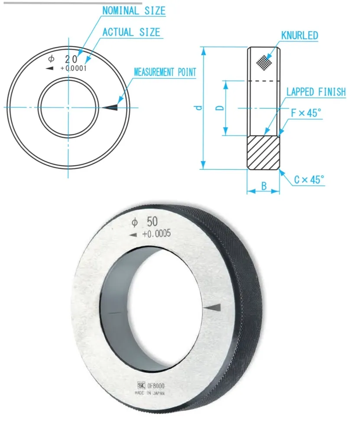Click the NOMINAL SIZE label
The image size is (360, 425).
pyautogui.click(x=134, y=11)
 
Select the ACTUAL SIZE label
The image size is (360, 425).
pyautogui.click(x=131, y=32)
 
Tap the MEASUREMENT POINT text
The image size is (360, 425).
pyautogui.click(x=165, y=72)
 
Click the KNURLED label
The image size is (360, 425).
pyautogui.click(x=299, y=36)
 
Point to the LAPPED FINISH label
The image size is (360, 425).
pyautogui.click(x=316, y=92)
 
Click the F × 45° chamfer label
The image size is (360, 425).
pyautogui.click(x=306, y=114)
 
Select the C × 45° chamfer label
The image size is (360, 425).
pyautogui.click(x=309, y=179)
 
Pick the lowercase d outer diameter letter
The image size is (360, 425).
pyautogui.click(x=198, y=107)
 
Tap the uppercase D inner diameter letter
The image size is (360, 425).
pyautogui.click(x=220, y=107)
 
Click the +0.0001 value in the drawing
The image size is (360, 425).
pyautogui.click(x=74, y=68)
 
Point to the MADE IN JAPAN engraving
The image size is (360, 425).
pyautogui.click(x=150, y=393)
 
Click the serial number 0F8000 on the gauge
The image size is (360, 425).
pyautogui.click(x=156, y=386)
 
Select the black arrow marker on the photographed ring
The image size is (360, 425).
pyautogui.click(x=214, y=307)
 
